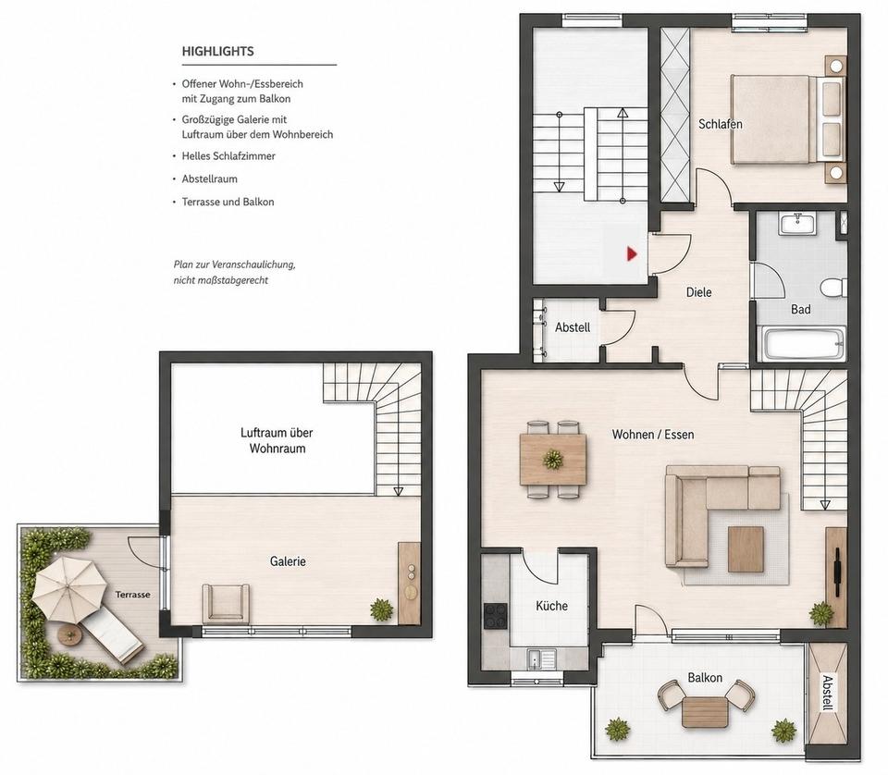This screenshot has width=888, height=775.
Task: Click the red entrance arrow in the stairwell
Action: click(x=632, y=253)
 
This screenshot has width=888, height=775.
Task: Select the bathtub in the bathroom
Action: click(x=803, y=343)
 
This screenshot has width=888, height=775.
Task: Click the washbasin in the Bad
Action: click(x=798, y=224)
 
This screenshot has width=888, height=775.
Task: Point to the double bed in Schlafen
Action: click(x=787, y=120)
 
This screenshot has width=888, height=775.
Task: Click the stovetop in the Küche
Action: click(x=495, y=617)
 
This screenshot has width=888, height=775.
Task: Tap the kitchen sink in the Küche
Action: click(x=541, y=659)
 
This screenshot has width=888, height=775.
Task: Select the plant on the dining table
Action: click(x=553, y=459)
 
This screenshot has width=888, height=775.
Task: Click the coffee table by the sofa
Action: click(x=746, y=548)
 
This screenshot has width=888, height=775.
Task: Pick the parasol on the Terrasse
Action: click(x=68, y=587)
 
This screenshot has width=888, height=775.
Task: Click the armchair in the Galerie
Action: click(x=226, y=604)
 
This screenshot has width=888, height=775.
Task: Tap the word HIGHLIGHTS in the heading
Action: click(x=217, y=52)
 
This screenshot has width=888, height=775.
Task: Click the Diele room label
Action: click(x=699, y=292)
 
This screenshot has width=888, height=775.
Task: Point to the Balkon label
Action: click(x=705, y=678)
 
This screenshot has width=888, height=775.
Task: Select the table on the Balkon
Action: click(x=705, y=712)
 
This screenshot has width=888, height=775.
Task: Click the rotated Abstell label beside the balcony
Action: click(x=827, y=693)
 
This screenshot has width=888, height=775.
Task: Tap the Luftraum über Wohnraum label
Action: click(x=277, y=440)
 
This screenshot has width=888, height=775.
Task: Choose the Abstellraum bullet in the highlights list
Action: click(x=210, y=178)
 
